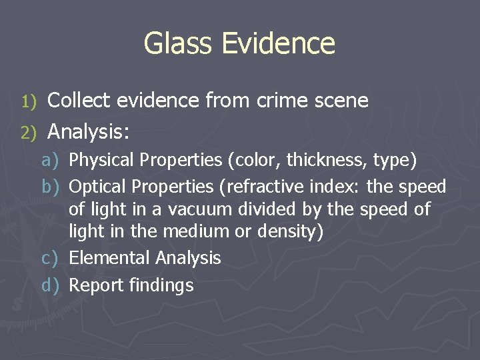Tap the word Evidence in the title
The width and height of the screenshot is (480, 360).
[x=279, y=43]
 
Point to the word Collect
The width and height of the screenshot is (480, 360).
[x=80, y=101]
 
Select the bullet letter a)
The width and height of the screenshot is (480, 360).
[x=51, y=160]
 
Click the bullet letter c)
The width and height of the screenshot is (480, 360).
[x=51, y=258]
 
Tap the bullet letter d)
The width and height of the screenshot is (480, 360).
[x=51, y=285]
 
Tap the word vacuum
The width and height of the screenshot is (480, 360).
[x=195, y=209]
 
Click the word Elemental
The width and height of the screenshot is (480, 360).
[x=109, y=258]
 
